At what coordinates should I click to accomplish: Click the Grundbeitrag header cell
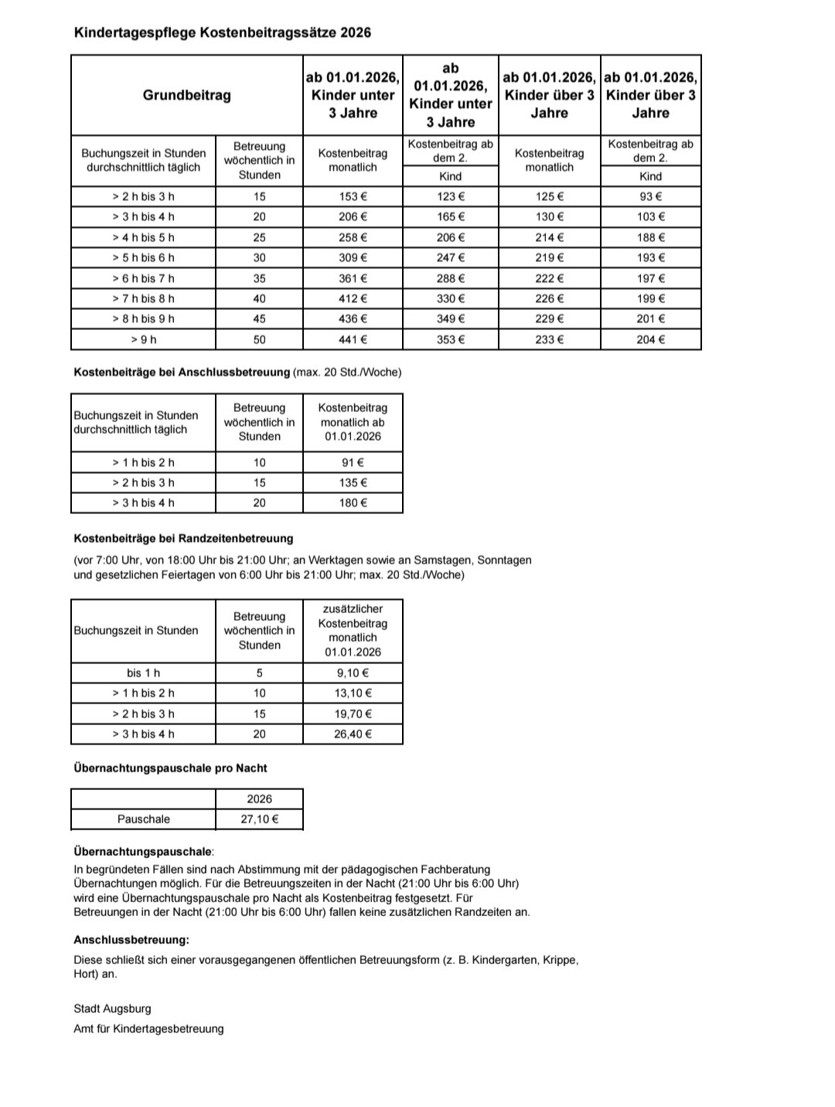click(x=186, y=95)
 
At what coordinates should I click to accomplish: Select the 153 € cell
click(x=353, y=196)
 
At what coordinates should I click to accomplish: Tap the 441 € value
click(x=353, y=339)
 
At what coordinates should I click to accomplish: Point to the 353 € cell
click(x=451, y=339)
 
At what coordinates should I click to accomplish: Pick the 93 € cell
click(x=650, y=196)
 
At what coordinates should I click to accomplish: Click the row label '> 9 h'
click(x=143, y=339)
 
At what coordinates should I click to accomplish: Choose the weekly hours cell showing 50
click(x=259, y=339)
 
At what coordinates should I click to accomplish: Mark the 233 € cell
click(x=549, y=339)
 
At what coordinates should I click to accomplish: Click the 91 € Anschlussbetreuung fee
click(x=353, y=462)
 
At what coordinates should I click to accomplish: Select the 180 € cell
click(x=353, y=502)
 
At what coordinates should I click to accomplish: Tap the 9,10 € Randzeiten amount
click(x=353, y=673)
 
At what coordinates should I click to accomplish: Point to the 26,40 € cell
click(x=353, y=734)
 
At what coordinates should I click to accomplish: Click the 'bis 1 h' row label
click(x=143, y=673)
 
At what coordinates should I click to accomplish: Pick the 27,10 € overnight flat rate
click(x=259, y=819)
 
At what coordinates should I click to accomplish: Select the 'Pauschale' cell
click(x=143, y=819)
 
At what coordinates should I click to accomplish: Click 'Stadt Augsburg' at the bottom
click(x=112, y=1008)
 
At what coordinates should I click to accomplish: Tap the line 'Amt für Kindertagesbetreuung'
click(x=148, y=1028)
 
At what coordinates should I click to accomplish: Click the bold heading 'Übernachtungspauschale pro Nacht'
click(x=170, y=768)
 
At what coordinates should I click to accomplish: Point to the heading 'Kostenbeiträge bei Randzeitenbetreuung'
click(x=183, y=538)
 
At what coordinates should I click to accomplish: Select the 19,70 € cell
click(x=353, y=714)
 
